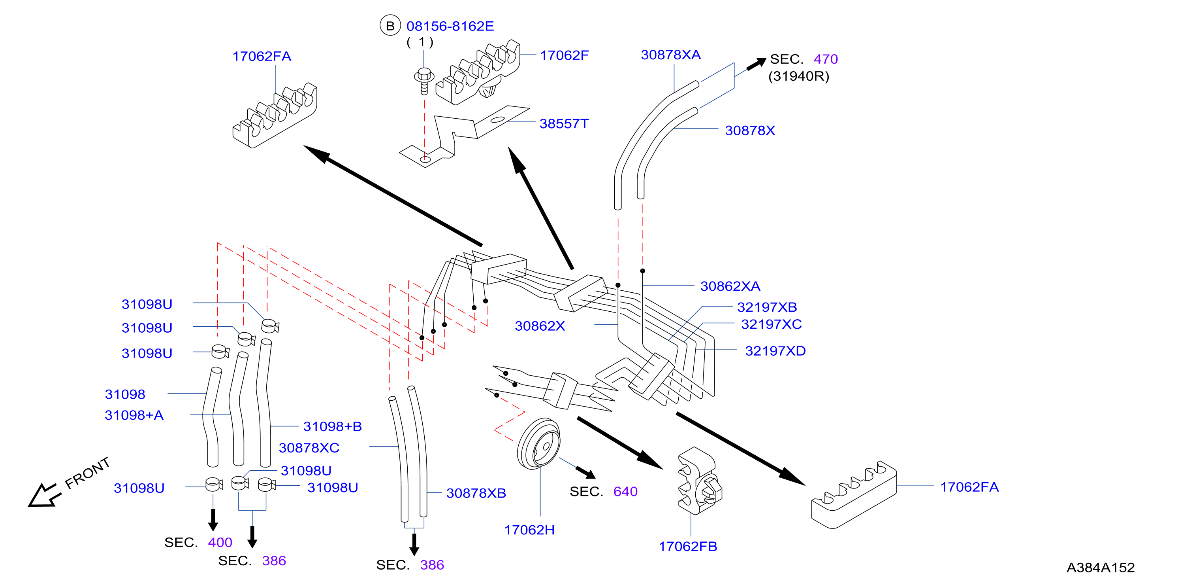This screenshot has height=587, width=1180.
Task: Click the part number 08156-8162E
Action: pos(450,26)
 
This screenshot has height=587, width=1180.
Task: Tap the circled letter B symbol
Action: pos(390,26)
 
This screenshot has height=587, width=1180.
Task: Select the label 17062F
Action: pos(564,55)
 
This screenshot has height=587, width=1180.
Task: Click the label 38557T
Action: pos(564,124)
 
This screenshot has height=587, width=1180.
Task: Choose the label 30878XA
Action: pos(671,55)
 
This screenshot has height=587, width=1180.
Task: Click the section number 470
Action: pos(826,59)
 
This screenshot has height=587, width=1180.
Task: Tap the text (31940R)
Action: pos(798,76)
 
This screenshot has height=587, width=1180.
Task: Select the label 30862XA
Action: pos(730,286)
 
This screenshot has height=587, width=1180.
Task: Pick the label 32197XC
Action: pos(772,324)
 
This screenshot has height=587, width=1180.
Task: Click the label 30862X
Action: pos(540,326)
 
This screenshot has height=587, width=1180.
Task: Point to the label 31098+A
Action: pos(134,415)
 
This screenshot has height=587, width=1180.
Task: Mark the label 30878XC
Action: pos(309,448)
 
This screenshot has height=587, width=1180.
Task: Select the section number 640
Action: pos(625,492)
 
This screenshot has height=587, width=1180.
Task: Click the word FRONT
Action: pos(87,473)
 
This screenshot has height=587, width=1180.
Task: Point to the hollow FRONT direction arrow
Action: pos(44,495)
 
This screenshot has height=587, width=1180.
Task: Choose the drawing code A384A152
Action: pos(1100,568)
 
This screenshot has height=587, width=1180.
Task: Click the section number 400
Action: pos(220,543)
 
